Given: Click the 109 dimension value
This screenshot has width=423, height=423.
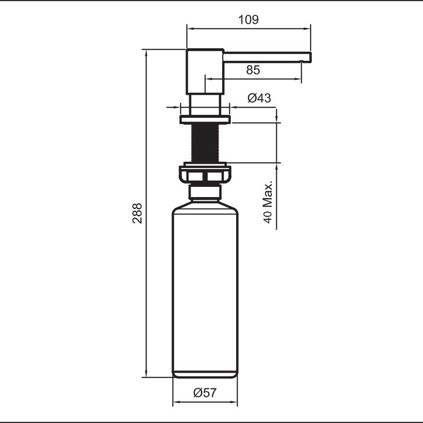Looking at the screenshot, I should click(x=248, y=20).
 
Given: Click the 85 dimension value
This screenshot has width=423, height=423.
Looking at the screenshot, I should click(x=253, y=70).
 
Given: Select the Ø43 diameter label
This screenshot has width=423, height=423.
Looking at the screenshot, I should click(x=259, y=98).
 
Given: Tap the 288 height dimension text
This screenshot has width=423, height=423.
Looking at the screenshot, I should click(x=137, y=212).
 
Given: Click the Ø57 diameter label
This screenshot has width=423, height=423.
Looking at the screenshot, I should click(x=205, y=393).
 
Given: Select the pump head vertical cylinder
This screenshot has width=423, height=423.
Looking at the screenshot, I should click(x=205, y=71).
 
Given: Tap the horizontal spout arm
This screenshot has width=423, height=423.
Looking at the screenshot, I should click(x=266, y=56).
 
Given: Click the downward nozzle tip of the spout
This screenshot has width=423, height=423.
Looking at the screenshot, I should click(x=302, y=61).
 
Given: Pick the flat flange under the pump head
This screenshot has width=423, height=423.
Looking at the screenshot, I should click(x=205, y=119).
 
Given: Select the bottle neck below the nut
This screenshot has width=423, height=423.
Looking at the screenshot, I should click(x=205, y=194).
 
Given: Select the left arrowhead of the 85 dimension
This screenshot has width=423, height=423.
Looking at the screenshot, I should click(x=208, y=78).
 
